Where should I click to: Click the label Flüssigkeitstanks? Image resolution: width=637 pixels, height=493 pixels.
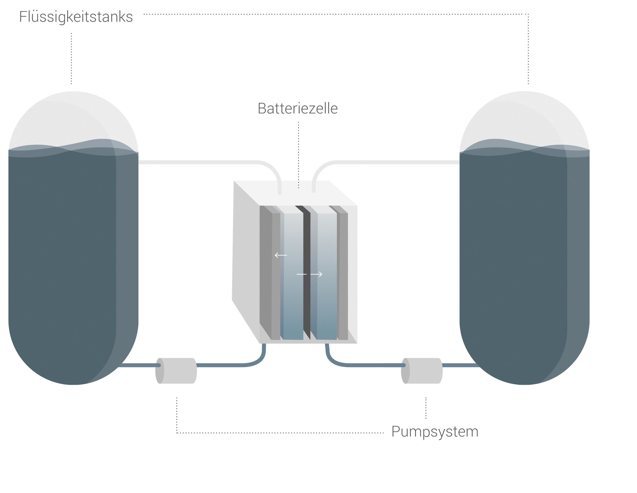tap(76, 17)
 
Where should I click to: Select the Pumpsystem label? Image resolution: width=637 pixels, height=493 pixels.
tap(435, 432)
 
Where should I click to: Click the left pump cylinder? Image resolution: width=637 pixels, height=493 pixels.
tap(176, 371)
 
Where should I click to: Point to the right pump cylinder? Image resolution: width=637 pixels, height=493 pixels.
tap(422, 371)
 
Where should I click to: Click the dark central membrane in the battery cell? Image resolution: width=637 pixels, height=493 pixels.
tap(307, 273)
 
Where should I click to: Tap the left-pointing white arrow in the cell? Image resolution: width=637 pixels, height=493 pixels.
tap(281, 255)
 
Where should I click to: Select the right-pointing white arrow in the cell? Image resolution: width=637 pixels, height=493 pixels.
tap(317, 274)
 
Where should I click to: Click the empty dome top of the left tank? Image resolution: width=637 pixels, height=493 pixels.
tap(73, 117)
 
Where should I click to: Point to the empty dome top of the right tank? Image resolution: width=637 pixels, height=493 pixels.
tap(524, 117)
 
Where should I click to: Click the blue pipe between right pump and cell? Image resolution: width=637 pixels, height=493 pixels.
tap(365, 365)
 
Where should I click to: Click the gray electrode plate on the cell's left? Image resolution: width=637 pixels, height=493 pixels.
tap(270, 273)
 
